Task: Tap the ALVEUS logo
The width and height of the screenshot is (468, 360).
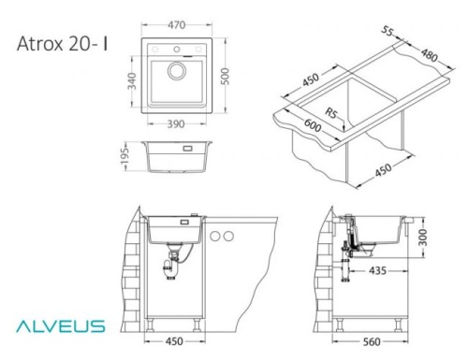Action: [x=58, y=326]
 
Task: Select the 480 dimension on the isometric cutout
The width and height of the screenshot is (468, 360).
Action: [x=431, y=58]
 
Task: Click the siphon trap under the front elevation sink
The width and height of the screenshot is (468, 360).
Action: [x=173, y=267]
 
